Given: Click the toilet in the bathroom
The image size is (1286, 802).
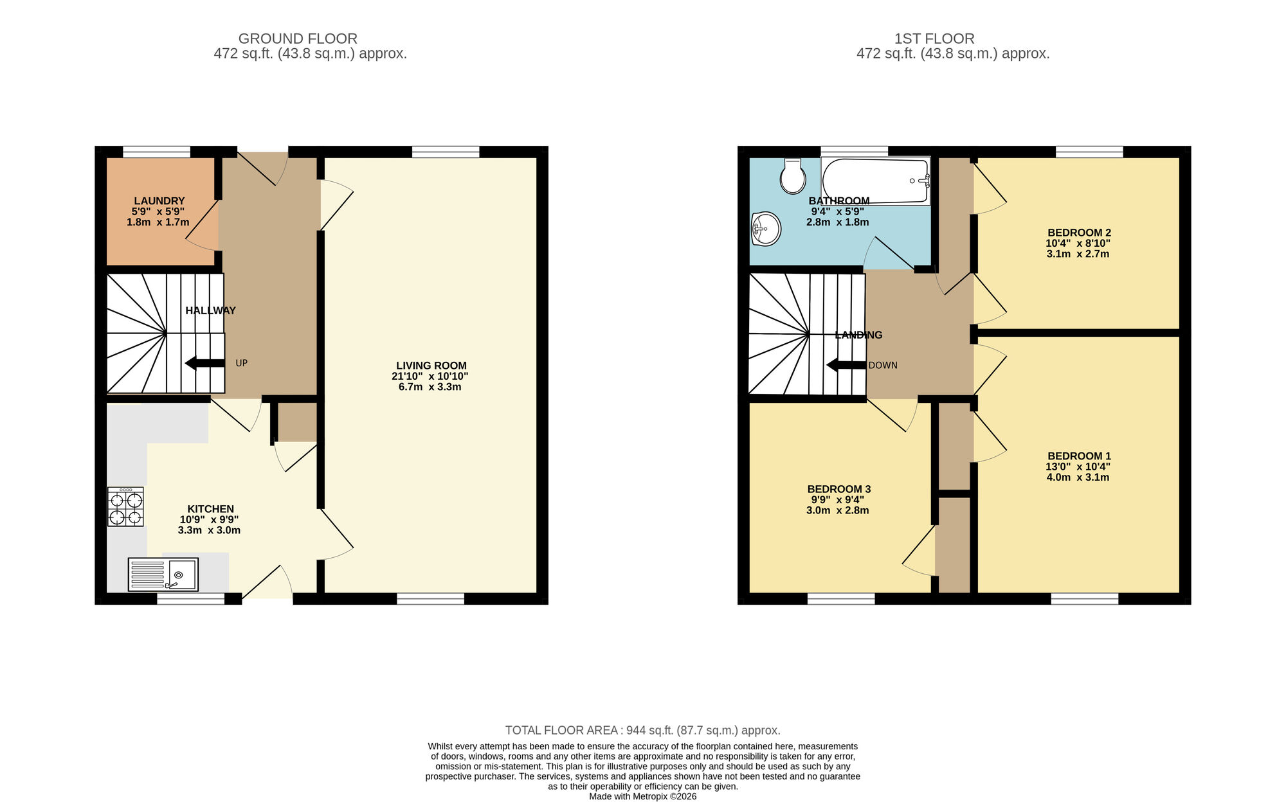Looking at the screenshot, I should coord(793,177).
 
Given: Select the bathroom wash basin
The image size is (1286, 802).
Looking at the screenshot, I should coord(766,229).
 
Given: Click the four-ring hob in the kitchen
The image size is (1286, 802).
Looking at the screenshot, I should coord(125,507).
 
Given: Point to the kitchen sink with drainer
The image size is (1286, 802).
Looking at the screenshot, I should coord(163,574).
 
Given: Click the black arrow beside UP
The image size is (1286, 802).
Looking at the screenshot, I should coord(204,364).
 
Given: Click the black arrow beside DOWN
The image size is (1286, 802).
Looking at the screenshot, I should coord(846,365).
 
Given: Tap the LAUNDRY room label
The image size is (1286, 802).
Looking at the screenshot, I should coord(159,201).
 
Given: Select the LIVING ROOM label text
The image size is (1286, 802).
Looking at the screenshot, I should coord(431,366).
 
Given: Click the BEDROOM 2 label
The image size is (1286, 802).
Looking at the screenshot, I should coord(1079,233).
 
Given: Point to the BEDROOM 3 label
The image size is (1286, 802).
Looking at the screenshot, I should coord(838,489).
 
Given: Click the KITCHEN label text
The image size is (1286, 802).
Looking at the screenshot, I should coord(210,509).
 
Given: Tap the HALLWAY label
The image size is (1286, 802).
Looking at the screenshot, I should coord(210,310).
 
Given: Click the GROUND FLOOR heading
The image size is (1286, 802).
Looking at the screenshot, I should coord(298,39).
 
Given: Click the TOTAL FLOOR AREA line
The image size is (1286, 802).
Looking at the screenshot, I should coord(642,730).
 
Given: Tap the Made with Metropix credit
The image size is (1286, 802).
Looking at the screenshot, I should coord(642,796).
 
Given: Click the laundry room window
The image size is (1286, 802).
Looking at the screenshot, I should coord(156,152).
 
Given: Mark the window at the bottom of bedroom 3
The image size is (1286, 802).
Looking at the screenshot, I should coord(841,599).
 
